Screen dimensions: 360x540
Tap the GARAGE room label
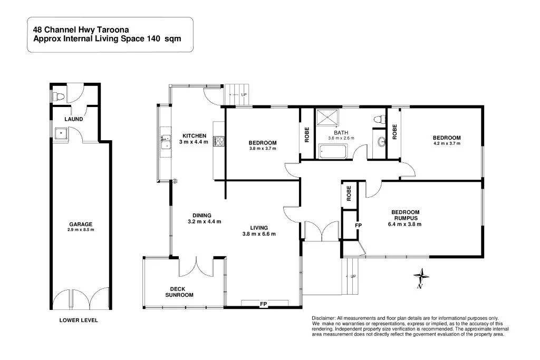[80, 224]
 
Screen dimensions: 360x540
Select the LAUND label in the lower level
[73, 119]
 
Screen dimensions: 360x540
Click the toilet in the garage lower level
[61, 96]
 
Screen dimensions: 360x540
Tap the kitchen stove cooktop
[219, 141]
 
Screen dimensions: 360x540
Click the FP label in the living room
[263, 304]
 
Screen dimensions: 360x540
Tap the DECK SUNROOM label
[179, 292]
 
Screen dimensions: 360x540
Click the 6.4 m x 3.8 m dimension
[405, 224]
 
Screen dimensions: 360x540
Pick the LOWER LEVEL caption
[79, 320]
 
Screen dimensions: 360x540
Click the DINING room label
[201, 215]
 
